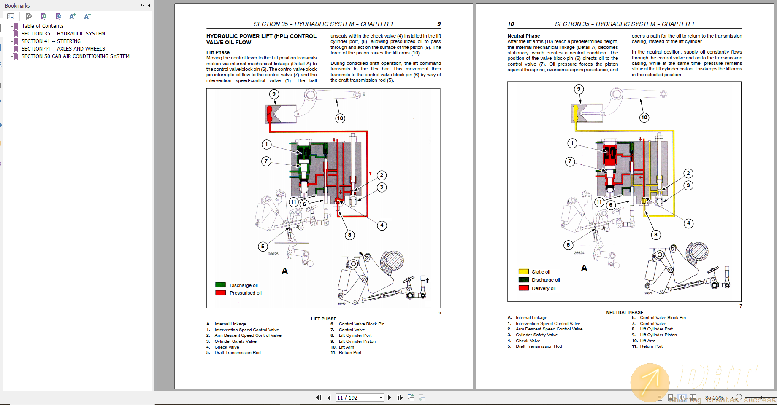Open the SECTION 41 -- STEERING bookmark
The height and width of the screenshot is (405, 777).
(51, 41)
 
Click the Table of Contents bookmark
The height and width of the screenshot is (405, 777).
(43, 26)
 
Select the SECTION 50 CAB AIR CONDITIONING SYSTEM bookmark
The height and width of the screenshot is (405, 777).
(76, 56)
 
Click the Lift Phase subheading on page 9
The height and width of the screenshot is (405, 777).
(218, 52)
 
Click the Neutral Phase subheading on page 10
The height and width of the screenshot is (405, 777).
(523, 36)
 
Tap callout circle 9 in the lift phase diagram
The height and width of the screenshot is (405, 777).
(274, 94)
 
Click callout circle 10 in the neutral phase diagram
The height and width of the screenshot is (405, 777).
(644, 118)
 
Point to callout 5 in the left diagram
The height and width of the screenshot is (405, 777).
(263, 247)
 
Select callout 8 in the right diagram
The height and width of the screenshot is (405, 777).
(655, 235)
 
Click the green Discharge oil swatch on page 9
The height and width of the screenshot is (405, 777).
(220, 285)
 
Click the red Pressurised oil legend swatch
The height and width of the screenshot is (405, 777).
(220, 293)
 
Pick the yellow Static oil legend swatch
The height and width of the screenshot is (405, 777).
(523, 272)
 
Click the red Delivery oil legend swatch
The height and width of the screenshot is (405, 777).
(523, 288)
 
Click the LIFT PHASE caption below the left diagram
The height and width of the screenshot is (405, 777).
(323, 319)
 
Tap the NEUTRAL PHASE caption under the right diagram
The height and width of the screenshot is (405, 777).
(625, 313)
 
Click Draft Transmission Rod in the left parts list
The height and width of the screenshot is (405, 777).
(238, 353)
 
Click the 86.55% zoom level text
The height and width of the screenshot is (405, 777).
(714, 397)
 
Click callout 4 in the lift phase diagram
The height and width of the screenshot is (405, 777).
(382, 225)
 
